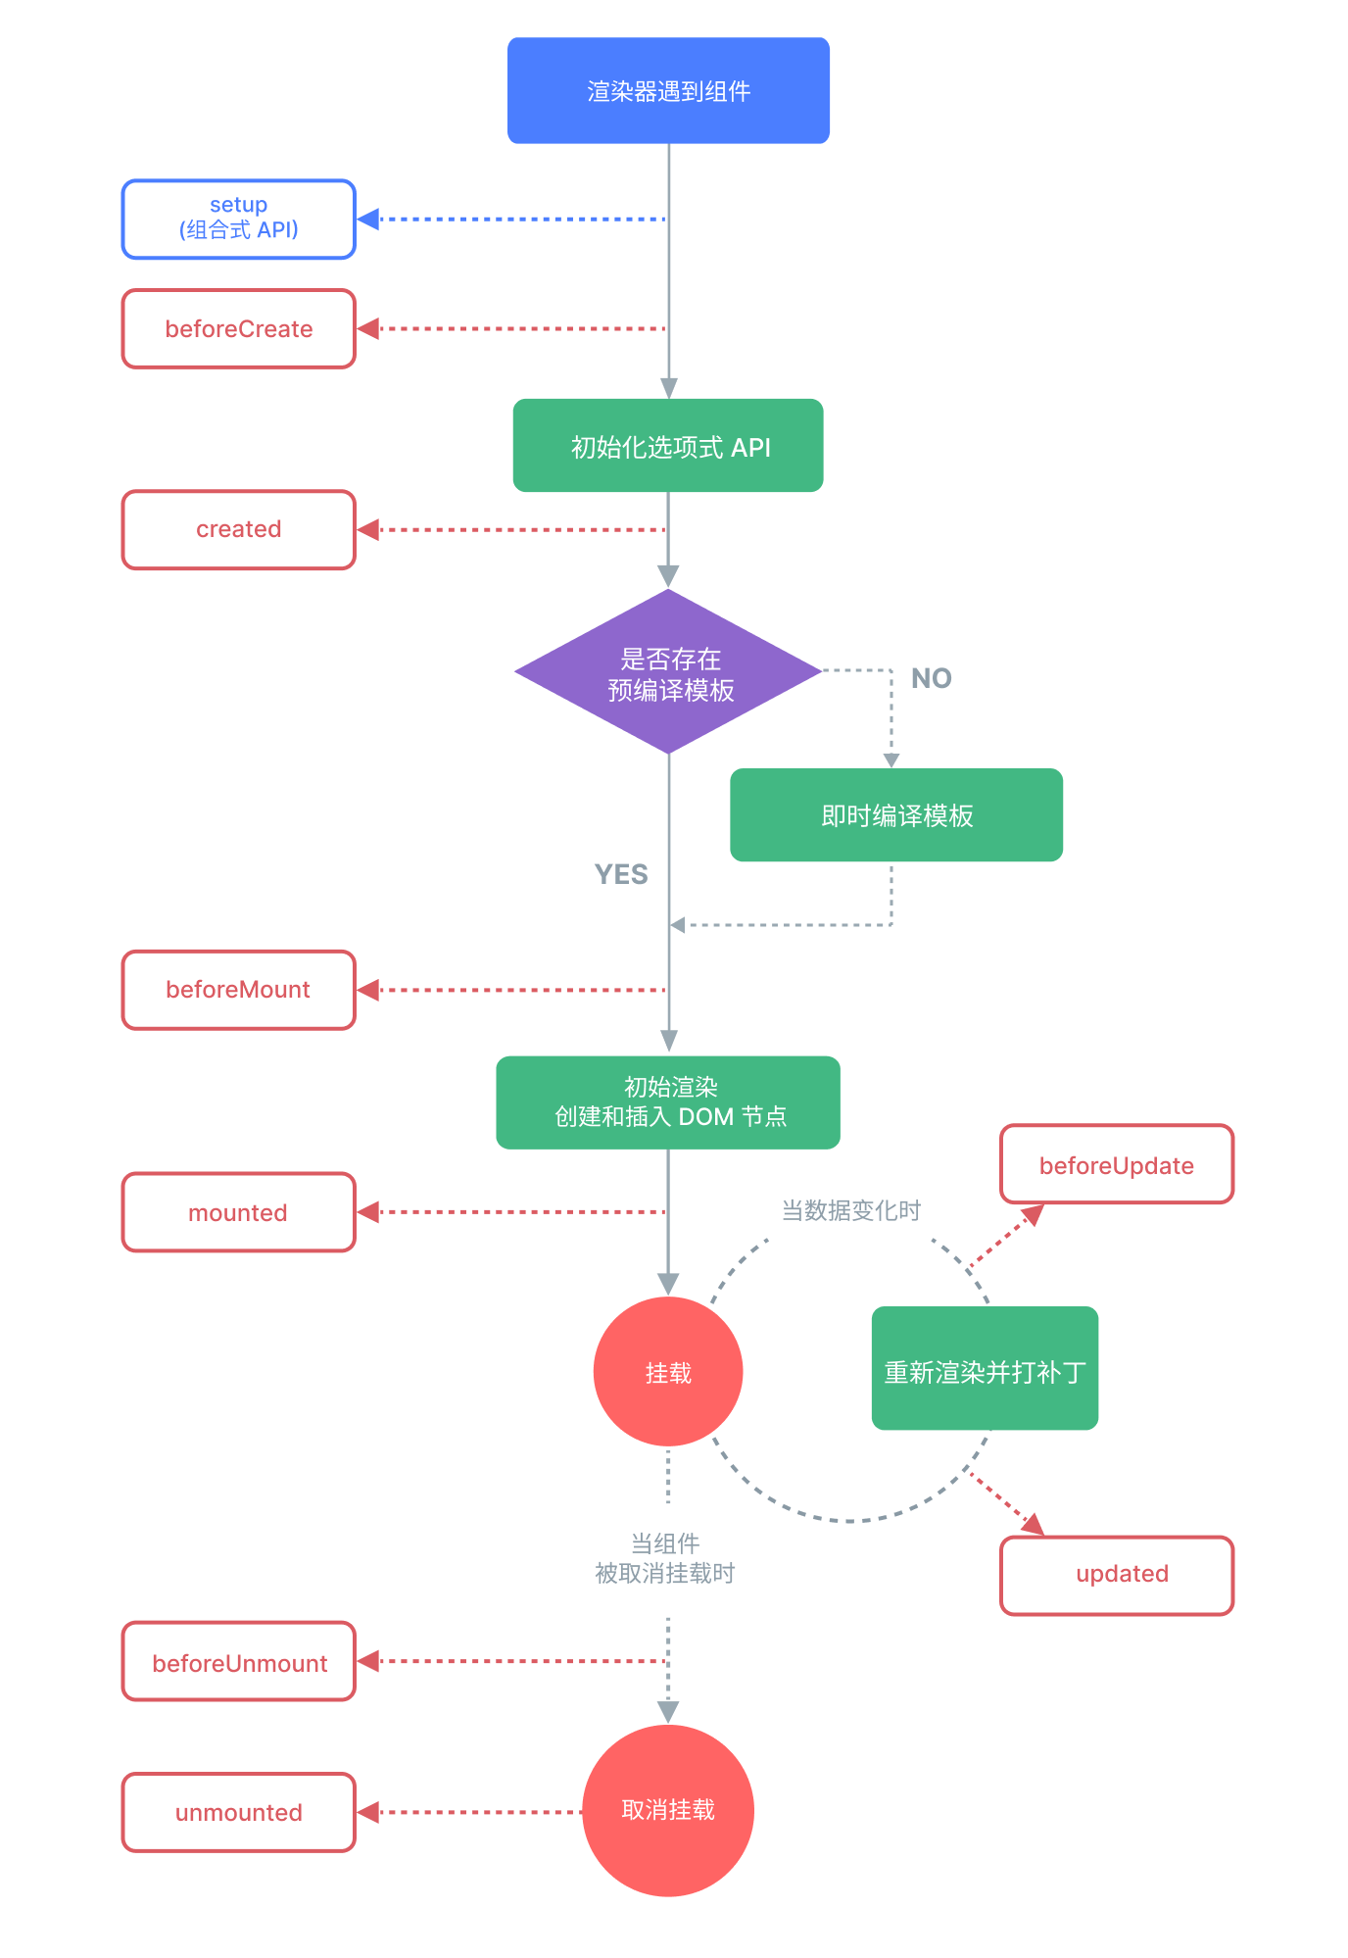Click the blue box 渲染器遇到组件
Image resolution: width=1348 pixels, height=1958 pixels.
pyautogui.click(x=668, y=91)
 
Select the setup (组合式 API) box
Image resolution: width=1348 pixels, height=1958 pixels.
pyautogui.click(x=238, y=220)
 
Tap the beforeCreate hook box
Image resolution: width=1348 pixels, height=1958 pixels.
pyautogui.click(x=238, y=329)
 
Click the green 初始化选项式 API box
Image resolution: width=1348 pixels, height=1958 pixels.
pyautogui.click(x=668, y=446)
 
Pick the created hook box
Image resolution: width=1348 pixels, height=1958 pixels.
pyautogui.click(x=238, y=530)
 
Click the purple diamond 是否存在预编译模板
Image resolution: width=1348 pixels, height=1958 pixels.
pyautogui.click(x=668, y=672)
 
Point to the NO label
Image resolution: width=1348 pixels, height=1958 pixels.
pyautogui.click(x=931, y=678)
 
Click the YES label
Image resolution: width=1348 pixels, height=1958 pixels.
pyautogui.click(x=621, y=874)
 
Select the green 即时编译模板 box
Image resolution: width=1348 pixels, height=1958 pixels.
pyautogui.click(x=896, y=815)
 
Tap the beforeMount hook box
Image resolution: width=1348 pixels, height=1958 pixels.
pyautogui.click(x=238, y=990)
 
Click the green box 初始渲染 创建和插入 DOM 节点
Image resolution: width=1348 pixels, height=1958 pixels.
pyautogui.click(x=668, y=1102)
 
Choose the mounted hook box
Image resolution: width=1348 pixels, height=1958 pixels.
pyautogui.click(x=238, y=1212)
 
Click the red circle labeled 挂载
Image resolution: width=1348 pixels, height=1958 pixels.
pyautogui.click(x=668, y=1372)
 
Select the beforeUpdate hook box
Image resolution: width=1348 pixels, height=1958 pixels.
pyautogui.click(x=1117, y=1165)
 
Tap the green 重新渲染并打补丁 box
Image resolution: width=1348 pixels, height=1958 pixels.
pyautogui.click(x=985, y=1369)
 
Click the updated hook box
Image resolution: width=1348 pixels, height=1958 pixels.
pyautogui.click(x=1117, y=1575)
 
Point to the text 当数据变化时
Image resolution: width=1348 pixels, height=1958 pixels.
pyautogui.click(x=850, y=1210)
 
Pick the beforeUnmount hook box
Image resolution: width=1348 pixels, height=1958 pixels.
pyautogui.click(x=238, y=1662)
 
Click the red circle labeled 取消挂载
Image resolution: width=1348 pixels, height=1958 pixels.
pyautogui.click(x=668, y=1810)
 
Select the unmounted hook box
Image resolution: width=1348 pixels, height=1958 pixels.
pyautogui.click(x=238, y=1813)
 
